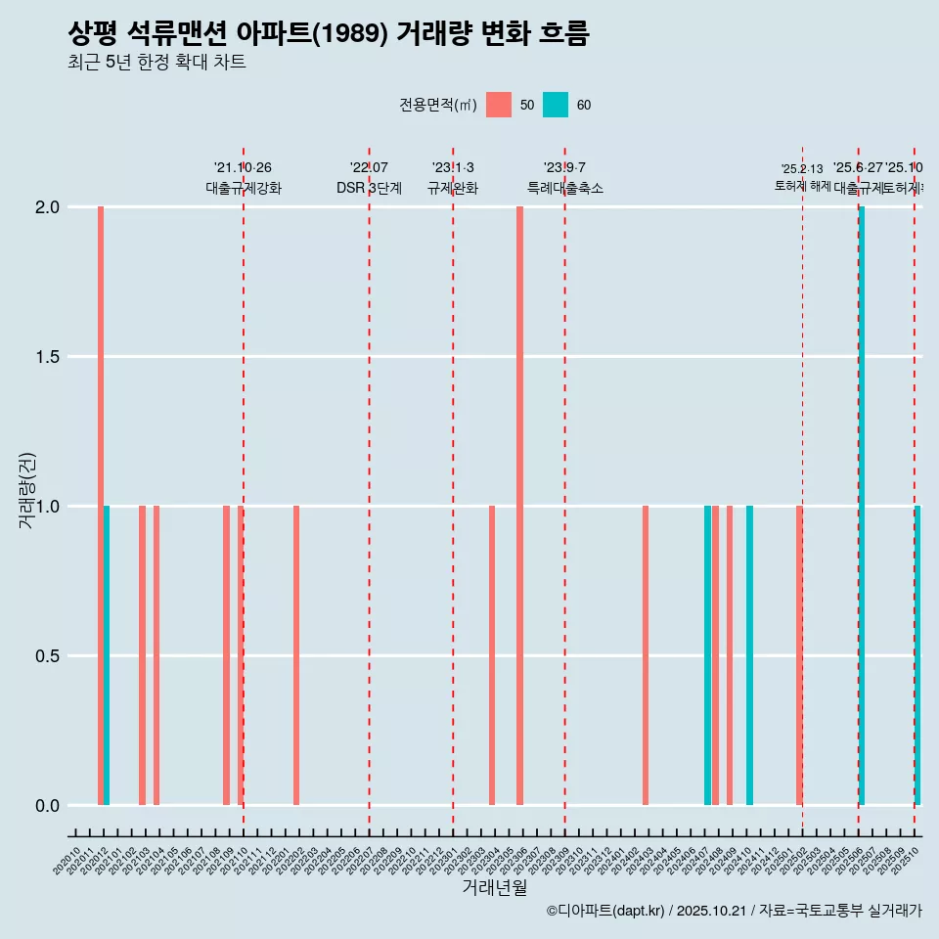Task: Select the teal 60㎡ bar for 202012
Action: (107, 655)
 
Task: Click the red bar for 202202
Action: (296, 655)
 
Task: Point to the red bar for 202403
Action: (646, 655)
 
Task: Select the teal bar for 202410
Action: (749, 655)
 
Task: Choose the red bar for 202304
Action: (492, 655)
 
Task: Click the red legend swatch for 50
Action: (499, 105)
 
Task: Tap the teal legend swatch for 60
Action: (556, 105)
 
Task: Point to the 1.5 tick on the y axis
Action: (47, 357)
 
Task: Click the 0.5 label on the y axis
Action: (47, 656)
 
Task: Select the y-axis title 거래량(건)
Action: (27, 490)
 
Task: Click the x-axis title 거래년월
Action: (494, 887)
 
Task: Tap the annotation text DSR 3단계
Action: (369, 188)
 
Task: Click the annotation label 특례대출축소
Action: (565, 188)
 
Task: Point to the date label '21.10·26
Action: (243, 167)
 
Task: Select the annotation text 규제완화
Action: (453, 188)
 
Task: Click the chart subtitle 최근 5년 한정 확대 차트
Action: (156, 63)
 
